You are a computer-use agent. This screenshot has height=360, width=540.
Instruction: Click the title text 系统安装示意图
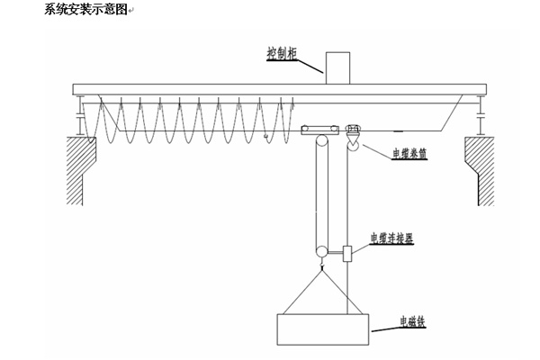(x=87, y=10)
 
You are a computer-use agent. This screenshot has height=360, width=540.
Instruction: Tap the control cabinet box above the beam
(x=337, y=67)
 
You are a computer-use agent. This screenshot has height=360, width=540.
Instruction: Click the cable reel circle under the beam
(x=353, y=141)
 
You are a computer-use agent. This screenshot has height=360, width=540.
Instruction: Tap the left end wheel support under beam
(x=82, y=116)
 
